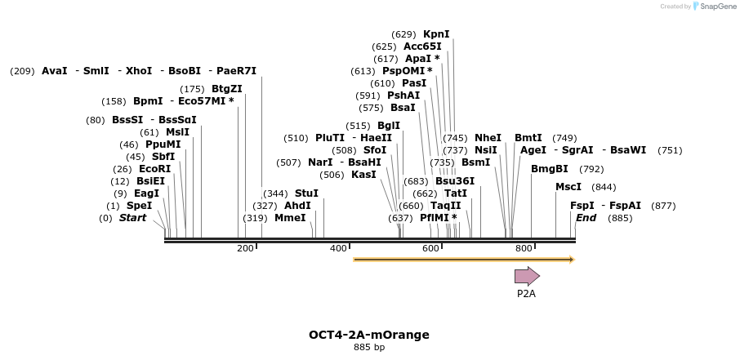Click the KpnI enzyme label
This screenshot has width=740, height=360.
coord(436,34)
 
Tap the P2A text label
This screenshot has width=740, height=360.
coord(526,293)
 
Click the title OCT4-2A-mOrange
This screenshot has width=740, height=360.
coord(369,335)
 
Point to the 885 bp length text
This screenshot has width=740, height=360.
coord(369,348)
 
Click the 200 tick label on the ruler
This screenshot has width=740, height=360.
coord(245,248)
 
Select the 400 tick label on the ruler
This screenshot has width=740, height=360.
coord(338,248)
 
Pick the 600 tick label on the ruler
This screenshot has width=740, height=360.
coord(430,248)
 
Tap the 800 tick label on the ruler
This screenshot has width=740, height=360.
coord(524,248)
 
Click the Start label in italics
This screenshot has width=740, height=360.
coord(133,218)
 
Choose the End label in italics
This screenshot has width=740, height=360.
coord(586,218)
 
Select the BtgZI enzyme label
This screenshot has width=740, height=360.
coord(227,89)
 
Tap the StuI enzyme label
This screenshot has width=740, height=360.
coord(306,193)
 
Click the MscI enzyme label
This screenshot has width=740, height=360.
coord(568,187)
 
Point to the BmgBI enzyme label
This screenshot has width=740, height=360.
coord(550,169)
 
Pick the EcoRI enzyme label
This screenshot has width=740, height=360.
coord(155,169)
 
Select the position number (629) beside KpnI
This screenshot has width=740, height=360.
coord(403,34)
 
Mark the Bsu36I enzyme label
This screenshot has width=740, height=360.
coord(455,181)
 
